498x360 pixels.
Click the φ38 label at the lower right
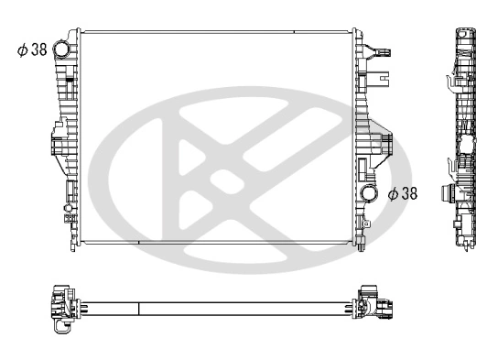403,193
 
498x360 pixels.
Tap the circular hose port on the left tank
62,49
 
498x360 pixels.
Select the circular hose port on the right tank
371,193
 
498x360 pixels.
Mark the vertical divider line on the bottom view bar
138,306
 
